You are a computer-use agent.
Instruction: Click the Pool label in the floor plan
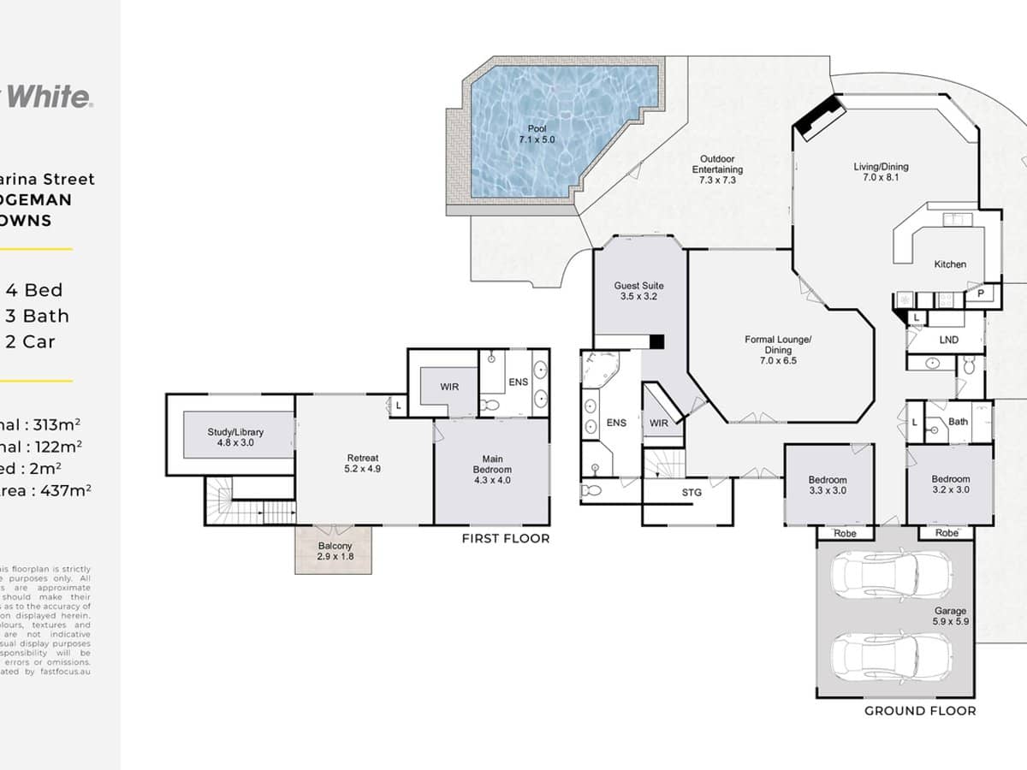(537, 133)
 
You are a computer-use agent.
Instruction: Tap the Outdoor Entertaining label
(717, 169)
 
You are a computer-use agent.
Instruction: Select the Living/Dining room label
(881, 172)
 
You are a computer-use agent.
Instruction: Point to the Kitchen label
(950, 264)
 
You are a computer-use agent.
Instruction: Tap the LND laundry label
(948, 340)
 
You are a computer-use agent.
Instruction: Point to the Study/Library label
(235, 438)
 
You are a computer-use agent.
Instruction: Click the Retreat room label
(363, 463)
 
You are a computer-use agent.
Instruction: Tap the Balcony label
(335, 551)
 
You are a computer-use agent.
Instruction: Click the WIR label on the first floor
(450, 387)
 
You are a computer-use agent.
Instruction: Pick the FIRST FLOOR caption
(505, 538)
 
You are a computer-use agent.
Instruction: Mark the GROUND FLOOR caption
(919, 710)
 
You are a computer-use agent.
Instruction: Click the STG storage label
(692, 492)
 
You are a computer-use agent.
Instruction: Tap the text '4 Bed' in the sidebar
(34, 290)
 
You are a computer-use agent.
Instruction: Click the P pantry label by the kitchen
(979, 293)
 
